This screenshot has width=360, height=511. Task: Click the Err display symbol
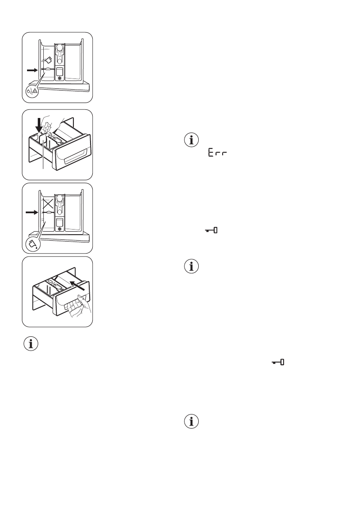pos(217,153)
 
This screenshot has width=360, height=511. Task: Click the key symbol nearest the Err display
pos(212,231)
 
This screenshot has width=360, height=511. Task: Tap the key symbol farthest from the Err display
pos(279,363)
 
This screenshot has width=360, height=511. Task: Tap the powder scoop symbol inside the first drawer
pos(48,59)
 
